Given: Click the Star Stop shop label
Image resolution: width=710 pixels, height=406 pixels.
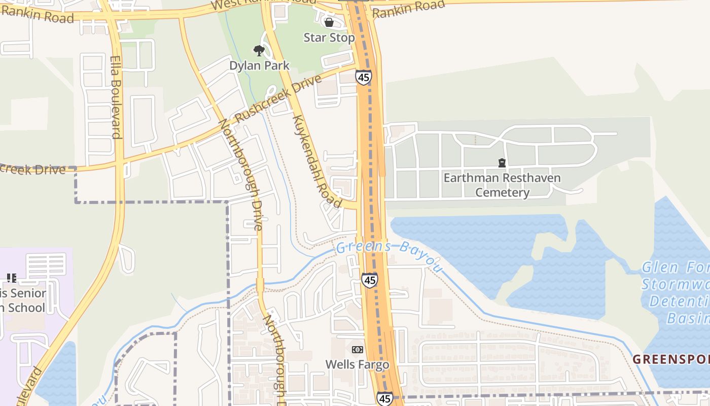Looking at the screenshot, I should tap(329, 38).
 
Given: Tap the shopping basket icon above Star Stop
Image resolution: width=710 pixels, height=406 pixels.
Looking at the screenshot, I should tap(329, 22).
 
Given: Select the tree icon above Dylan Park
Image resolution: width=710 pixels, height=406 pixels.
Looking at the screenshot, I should tap(259, 51).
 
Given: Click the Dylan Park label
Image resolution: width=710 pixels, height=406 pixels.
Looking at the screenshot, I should tap(259, 65).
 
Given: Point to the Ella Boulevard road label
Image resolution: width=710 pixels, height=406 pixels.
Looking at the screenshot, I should tap(116, 96).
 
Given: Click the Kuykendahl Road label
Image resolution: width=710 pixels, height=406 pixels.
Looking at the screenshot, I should tap(317, 161).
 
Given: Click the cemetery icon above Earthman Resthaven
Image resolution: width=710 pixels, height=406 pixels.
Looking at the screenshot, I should tap(502, 163).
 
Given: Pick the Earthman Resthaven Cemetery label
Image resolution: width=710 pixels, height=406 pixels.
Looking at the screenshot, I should tap(502, 185).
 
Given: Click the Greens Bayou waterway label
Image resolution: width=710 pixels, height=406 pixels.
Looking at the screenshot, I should tap(388, 252).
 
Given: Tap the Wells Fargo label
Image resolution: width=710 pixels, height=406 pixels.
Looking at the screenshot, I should tap(357, 364).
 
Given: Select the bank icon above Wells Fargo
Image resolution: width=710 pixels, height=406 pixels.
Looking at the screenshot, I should tap(357, 350).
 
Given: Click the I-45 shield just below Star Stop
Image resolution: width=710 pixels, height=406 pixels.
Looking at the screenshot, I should tap(363, 78).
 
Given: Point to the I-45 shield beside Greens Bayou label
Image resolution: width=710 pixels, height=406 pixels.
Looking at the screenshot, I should tap(369, 280).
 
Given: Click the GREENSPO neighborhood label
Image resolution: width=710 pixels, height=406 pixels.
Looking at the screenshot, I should tap(670, 359).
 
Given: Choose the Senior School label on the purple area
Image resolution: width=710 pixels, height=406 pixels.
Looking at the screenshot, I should tap(23, 300).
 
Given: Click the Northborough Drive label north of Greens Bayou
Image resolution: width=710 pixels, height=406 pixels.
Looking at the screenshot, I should tap(241, 175).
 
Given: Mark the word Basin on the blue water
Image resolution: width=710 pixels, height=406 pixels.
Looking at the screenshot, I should tap(687, 318).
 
